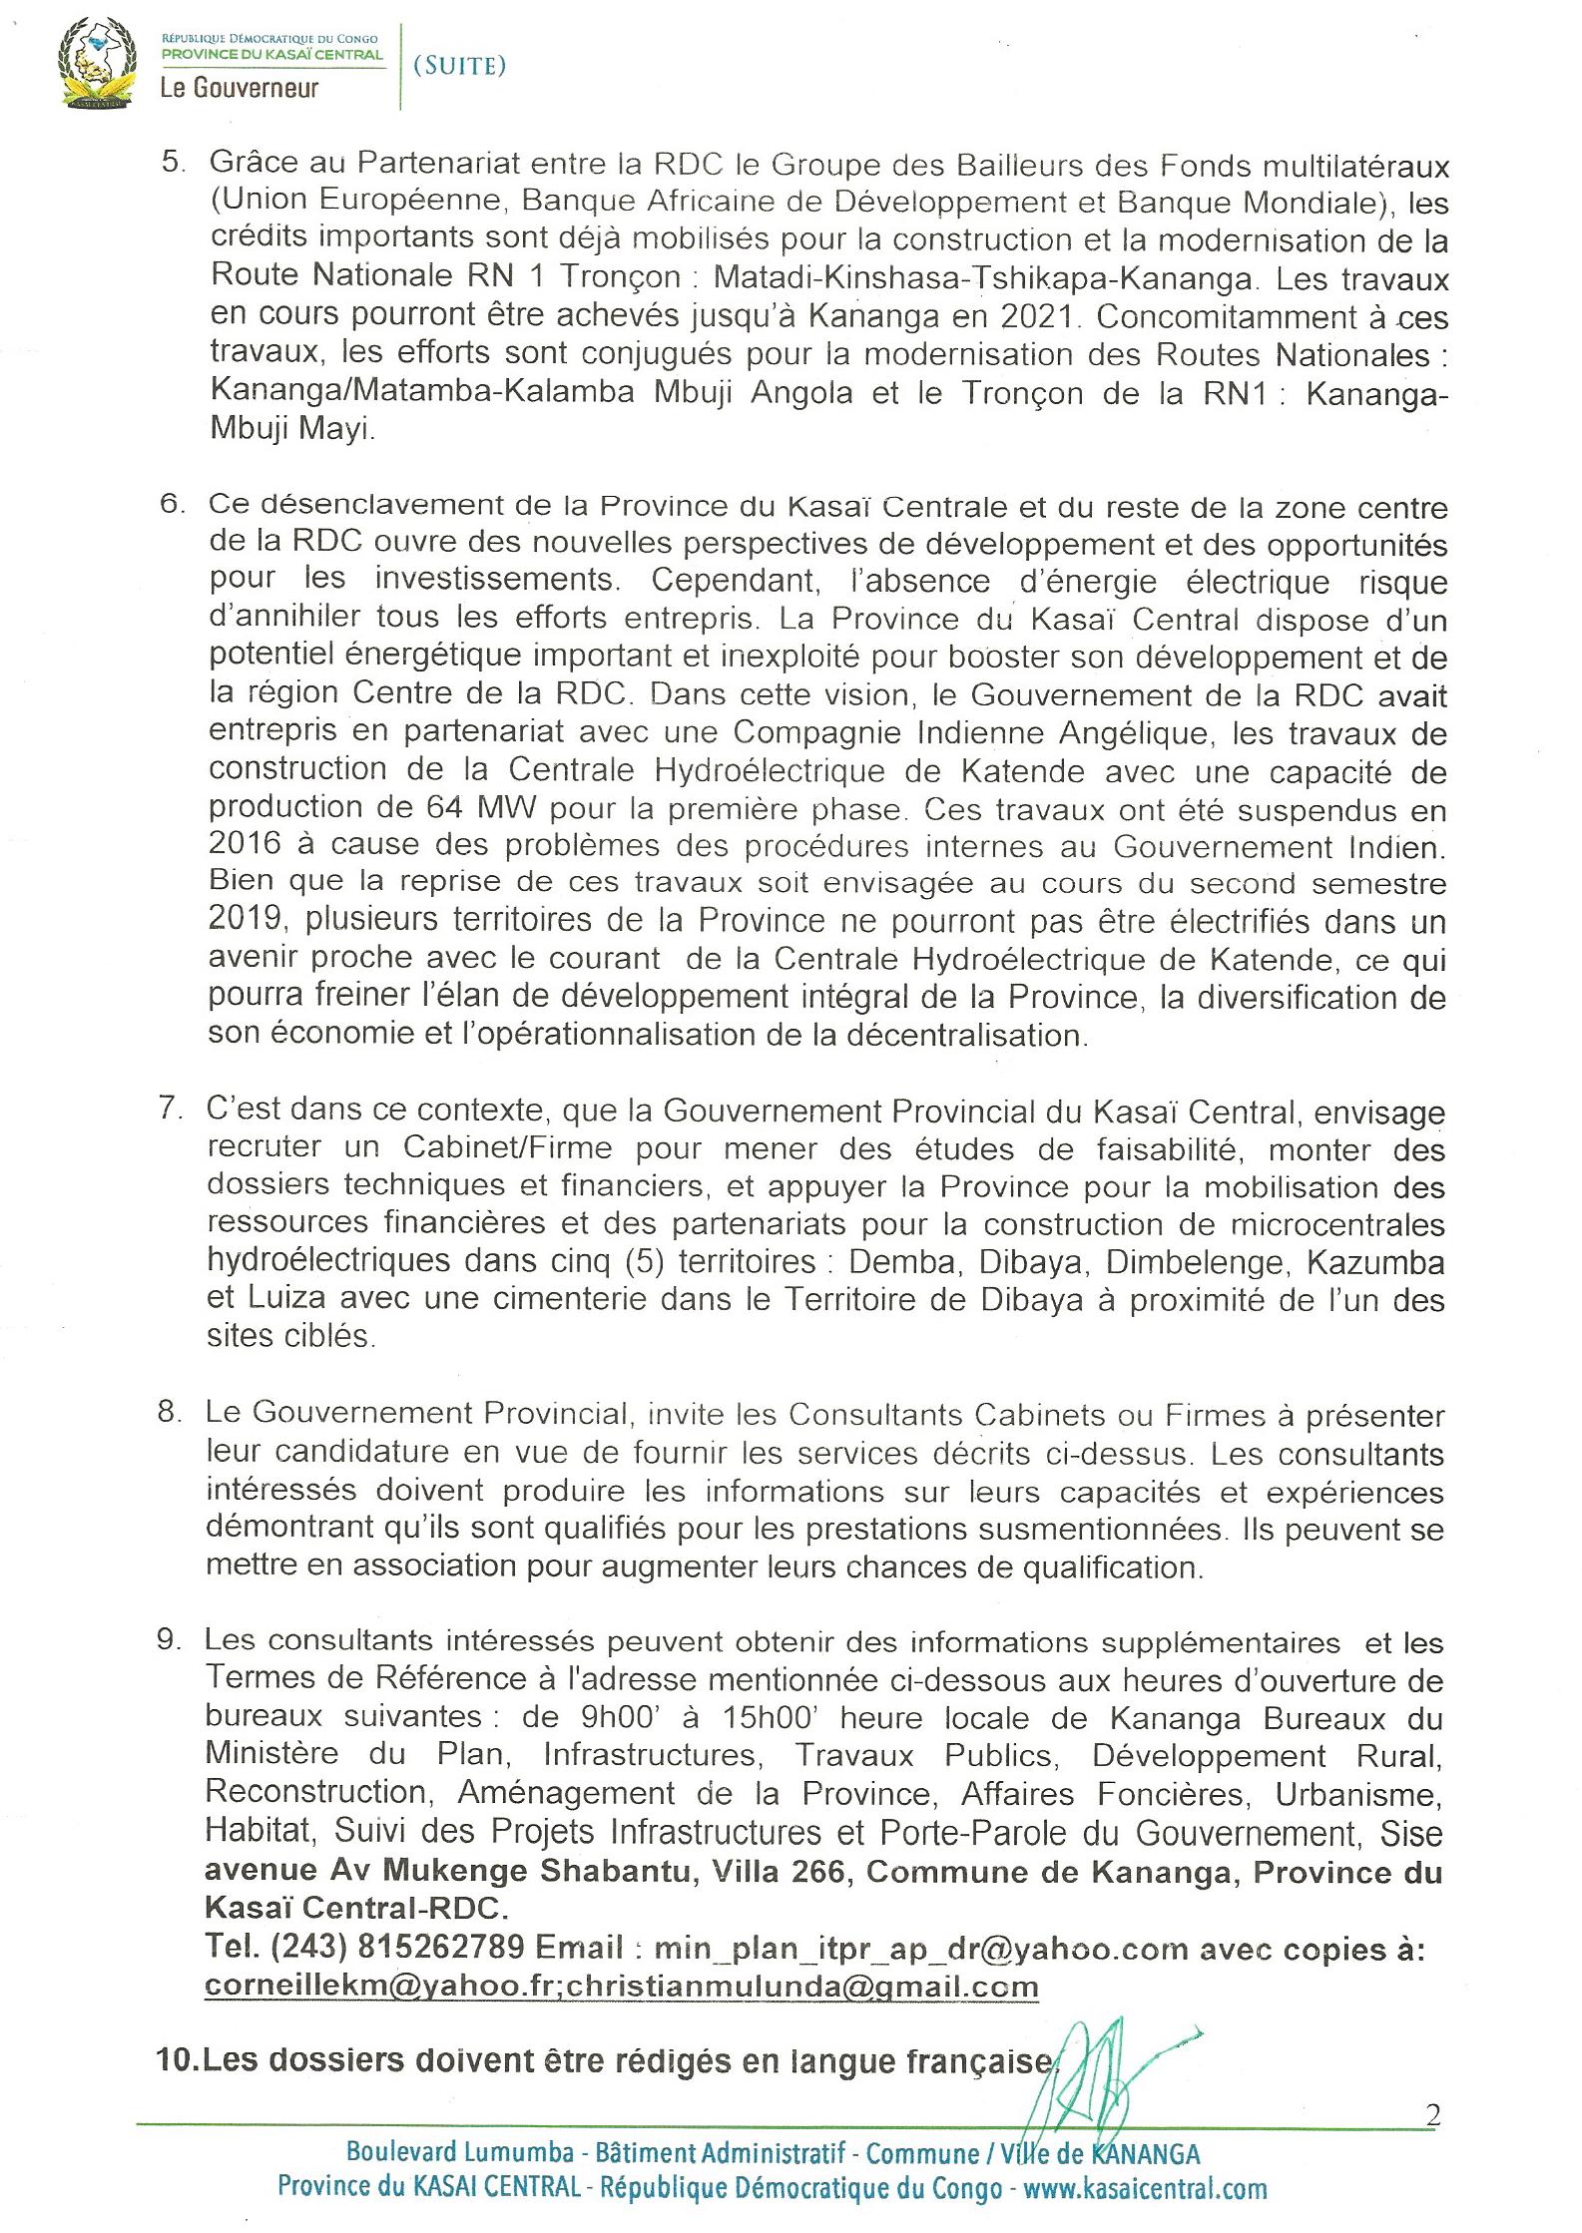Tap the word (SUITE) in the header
[459, 66]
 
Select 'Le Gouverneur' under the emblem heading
[240, 89]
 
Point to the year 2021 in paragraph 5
[1036, 317]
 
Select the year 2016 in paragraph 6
[244, 845]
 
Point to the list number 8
[168, 1413]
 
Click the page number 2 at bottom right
[1434, 2114]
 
